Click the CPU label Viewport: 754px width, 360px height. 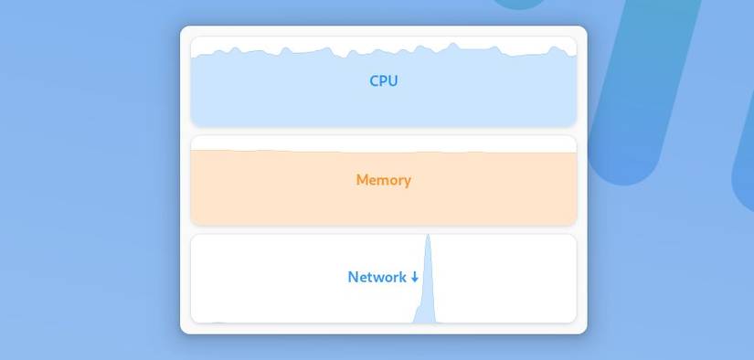[383, 80]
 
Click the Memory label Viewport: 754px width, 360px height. [383, 180]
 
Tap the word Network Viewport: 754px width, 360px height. [377, 277]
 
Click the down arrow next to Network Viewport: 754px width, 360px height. [415, 277]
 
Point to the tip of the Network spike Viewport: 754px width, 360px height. [428, 237]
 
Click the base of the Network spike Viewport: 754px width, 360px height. [425, 320]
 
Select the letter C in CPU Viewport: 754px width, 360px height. [374, 80]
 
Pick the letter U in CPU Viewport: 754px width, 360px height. [392, 80]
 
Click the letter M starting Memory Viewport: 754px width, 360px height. [362, 180]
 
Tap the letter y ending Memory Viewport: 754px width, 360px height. [407, 182]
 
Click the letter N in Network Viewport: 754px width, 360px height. [353, 277]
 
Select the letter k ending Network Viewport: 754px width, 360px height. [402, 277]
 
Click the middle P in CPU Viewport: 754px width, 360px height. [383, 80]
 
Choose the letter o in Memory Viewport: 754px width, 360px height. [390, 181]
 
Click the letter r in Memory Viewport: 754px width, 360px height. [398, 181]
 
